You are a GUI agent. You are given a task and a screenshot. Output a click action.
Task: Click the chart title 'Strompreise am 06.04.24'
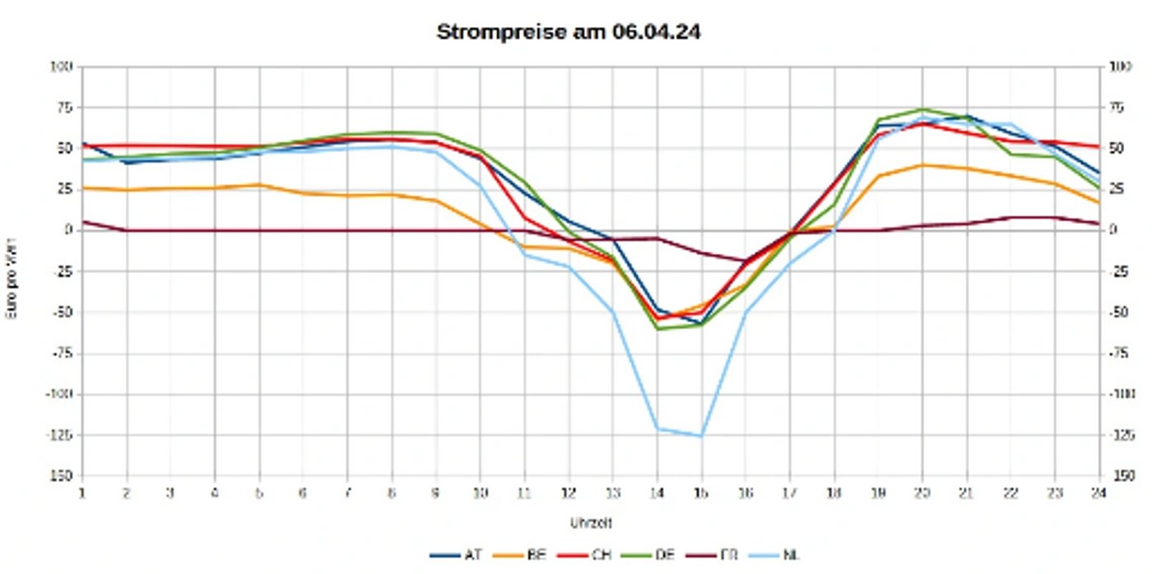pos(569,33)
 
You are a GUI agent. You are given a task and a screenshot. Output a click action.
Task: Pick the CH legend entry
pos(599,555)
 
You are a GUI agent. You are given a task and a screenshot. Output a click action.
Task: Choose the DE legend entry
pos(663,555)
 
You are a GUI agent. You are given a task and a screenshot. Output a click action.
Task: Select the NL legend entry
pos(790,555)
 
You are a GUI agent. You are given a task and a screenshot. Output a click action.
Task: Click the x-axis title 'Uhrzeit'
pos(591,522)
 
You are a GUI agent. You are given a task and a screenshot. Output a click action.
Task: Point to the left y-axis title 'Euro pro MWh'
pos(13,271)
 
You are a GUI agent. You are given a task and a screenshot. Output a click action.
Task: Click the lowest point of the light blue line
pos(701,436)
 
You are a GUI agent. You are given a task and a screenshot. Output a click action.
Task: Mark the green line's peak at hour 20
pos(922,109)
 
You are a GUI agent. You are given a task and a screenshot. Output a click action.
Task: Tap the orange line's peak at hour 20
pos(922,165)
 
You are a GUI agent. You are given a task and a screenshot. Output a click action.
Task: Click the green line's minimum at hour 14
pos(657,328)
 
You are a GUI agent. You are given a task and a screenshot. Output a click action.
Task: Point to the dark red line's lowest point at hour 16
pos(746,262)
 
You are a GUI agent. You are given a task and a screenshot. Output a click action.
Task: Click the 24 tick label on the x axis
pos(1099,492)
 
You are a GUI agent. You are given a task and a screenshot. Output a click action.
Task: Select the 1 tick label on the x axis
pos(82,492)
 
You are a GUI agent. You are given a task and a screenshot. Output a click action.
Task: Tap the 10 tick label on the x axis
pos(480,492)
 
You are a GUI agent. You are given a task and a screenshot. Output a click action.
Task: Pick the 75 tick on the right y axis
pos(1116,107)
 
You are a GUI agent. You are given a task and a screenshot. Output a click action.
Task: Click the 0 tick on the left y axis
pos(69,230)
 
